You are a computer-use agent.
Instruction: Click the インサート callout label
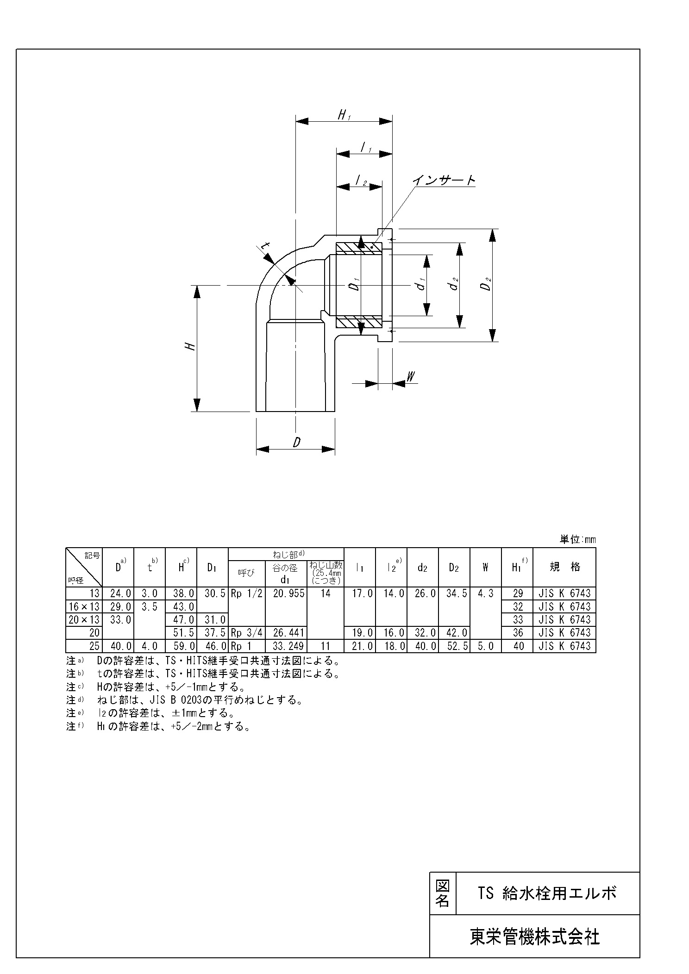pyautogui.click(x=444, y=180)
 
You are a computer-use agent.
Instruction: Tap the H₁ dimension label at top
pyautogui.click(x=344, y=114)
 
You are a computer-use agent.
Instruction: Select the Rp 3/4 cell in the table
pyautogui.click(x=246, y=632)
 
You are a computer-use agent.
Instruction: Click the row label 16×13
pyautogui.click(x=84, y=606)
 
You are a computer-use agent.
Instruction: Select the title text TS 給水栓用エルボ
pyautogui.click(x=548, y=893)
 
